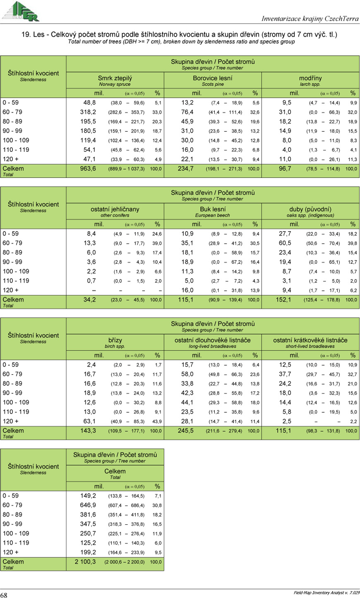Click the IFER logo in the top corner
(20, 11)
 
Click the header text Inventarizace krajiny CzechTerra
(310, 19)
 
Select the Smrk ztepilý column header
(115, 78)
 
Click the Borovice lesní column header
(213, 78)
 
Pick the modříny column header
(310, 78)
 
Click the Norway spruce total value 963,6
(88, 169)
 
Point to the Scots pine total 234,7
(186, 169)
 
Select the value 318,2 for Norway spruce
(88, 112)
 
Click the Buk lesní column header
(213, 209)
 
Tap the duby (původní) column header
(310, 209)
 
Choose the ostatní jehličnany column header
(115, 209)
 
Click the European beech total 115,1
(186, 300)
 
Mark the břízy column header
(115, 340)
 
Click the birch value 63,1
(89, 421)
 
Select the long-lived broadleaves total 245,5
(186, 431)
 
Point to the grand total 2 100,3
(85, 562)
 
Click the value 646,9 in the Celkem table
(88, 505)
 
